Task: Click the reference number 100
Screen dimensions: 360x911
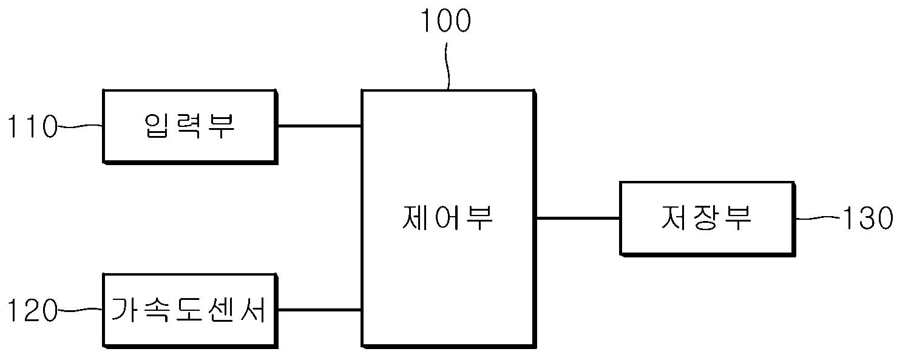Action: [445, 21]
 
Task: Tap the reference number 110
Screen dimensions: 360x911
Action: [31, 127]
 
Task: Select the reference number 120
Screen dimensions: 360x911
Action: [31, 312]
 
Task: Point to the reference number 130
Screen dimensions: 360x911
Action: [867, 219]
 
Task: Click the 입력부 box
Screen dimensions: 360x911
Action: [190, 126]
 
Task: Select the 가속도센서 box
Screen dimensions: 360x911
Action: [190, 311]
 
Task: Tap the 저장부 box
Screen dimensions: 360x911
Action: [706, 217]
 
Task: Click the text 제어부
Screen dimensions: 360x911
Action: [447, 217]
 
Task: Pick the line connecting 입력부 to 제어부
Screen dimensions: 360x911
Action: [319, 126]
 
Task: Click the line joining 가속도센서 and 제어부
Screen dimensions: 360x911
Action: [319, 310]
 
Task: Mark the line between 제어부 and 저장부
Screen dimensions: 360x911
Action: [577, 217]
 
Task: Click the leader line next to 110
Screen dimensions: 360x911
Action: [80, 126]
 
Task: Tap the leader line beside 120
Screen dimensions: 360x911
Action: [80, 311]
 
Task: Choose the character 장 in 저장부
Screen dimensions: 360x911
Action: [706, 217]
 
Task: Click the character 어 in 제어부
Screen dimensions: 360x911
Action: [447, 217]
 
